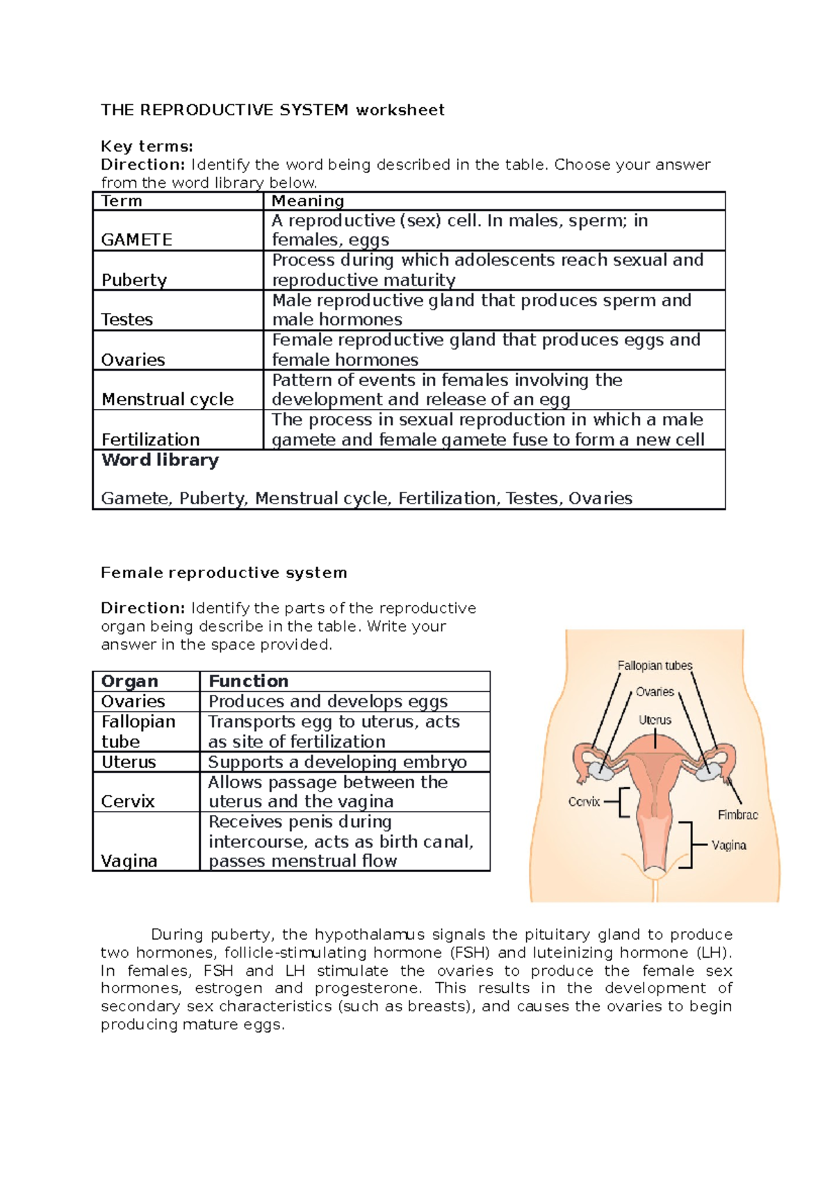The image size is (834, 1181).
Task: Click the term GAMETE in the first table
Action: click(x=137, y=240)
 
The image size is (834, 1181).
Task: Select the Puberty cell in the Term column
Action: click(x=134, y=280)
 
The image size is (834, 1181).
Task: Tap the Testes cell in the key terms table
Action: click(x=127, y=319)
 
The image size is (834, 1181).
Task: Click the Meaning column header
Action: click(x=308, y=201)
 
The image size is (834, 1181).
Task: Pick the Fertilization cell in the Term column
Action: click(x=150, y=440)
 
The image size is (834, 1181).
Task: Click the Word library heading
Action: click(x=160, y=460)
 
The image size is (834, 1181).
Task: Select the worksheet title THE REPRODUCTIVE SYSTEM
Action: click(x=224, y=110)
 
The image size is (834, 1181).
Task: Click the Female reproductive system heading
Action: click(x=224, y=572)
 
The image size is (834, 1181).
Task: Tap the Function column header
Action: click(x=248, y=681)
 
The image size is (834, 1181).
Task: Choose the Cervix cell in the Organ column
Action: click(x=128, y=801)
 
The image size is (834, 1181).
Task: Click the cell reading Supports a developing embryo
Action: click(x=337, y=762)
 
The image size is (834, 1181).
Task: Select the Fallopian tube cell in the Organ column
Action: click(x=138, y=731)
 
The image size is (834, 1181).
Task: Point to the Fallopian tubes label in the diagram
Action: click(x=655, y=666)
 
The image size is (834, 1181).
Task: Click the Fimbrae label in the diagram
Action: click(x=737, y=814)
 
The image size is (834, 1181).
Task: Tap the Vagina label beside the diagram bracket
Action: click(x=728, y=845)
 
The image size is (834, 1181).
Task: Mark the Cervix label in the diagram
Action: click(x=584, y=801)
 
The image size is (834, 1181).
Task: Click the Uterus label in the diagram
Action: click(x=655, y=720)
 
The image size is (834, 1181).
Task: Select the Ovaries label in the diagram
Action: click(x=655, y=691)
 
